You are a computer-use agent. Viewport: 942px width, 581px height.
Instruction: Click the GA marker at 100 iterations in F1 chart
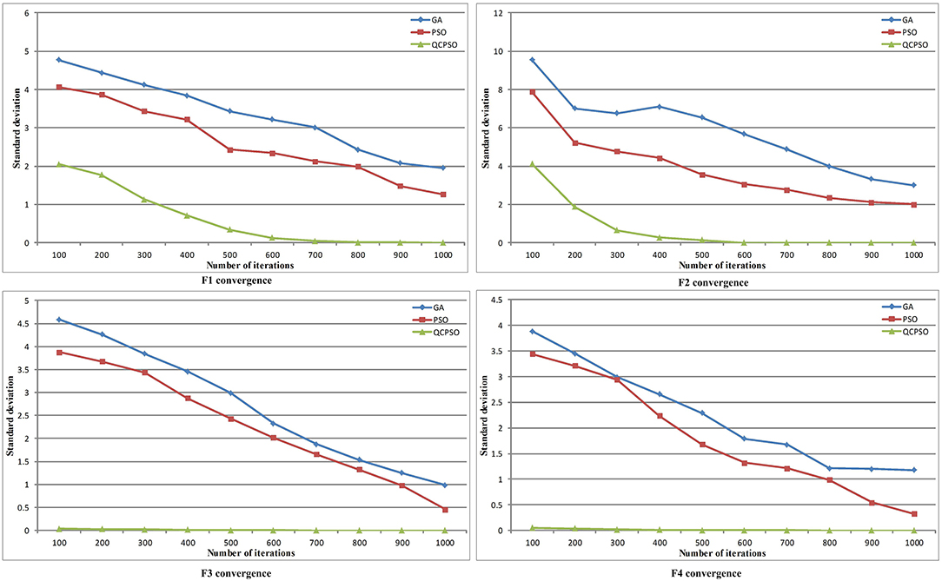[x=58, y=60]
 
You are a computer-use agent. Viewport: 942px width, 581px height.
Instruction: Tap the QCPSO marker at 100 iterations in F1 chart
[x=58, y=164]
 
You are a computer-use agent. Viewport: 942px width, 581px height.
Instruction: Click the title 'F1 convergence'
[x=236, y=281]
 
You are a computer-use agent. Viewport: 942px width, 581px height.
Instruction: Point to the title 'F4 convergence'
[x=706, y=573]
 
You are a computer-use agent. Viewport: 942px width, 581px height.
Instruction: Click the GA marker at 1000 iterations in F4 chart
[x=912, y=470]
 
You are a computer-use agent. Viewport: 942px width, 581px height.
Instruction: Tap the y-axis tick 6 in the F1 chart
[x=27, y=13]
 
